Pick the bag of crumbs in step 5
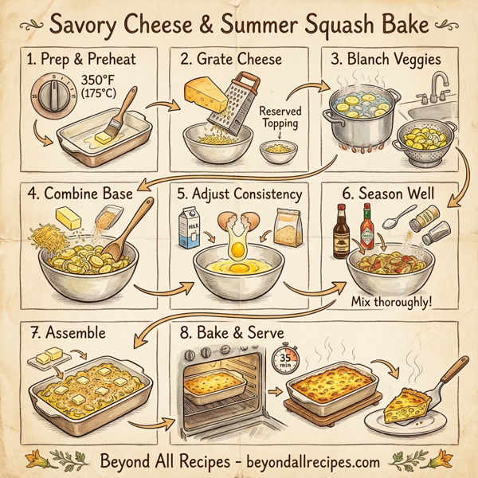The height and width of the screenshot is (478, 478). (288, 229)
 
